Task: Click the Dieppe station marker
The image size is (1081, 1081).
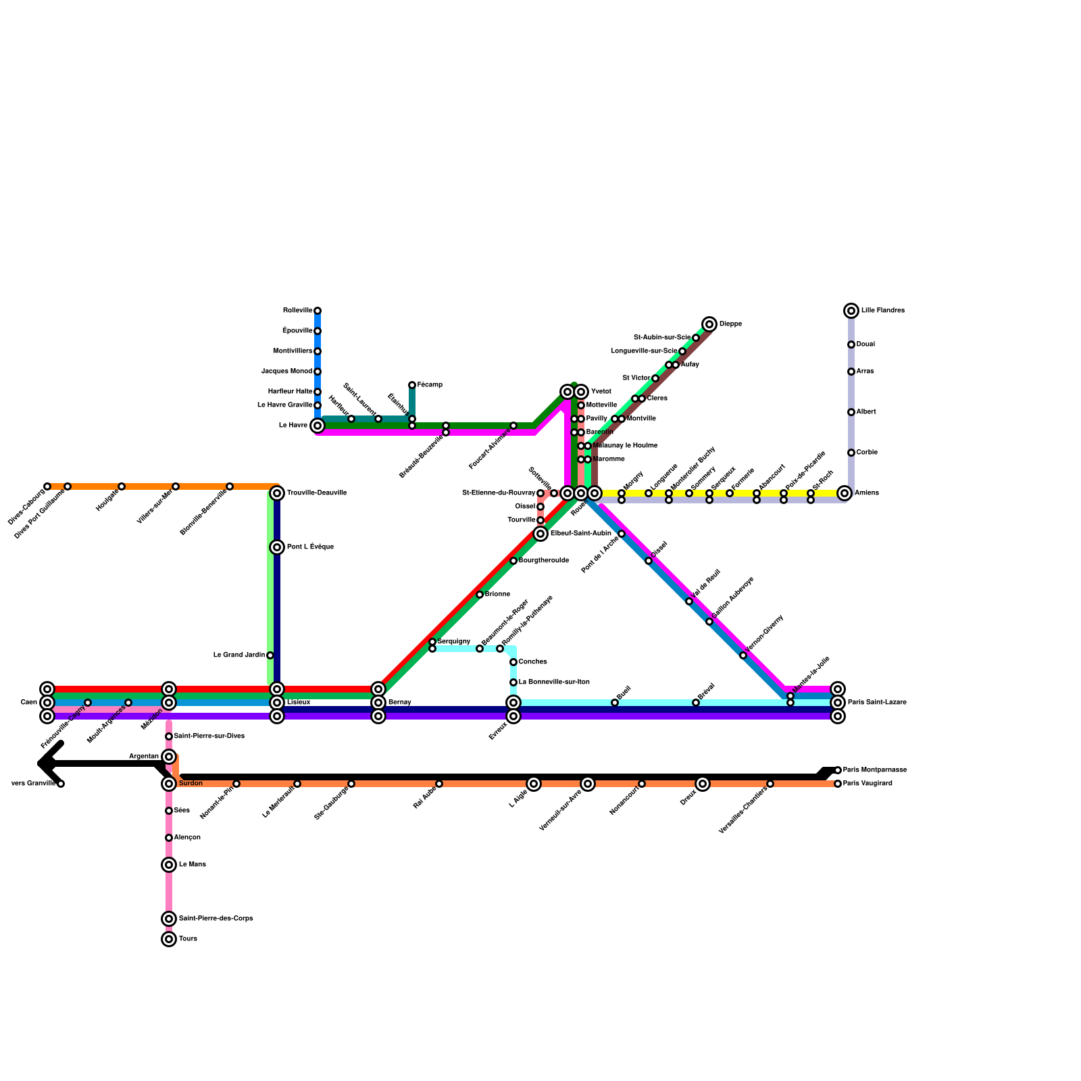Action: (709, 324)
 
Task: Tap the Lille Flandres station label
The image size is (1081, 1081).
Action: (882, 311)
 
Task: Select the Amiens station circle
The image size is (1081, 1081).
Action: (844, 493)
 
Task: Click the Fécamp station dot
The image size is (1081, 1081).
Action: (412, 385)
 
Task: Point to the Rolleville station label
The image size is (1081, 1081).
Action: (297, 311)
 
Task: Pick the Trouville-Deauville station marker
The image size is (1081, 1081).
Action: (277, 493)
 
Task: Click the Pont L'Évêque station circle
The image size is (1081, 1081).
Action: (277, 547)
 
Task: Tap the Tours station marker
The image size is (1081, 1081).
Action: (169, 939)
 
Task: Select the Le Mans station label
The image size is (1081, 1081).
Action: (193, 865)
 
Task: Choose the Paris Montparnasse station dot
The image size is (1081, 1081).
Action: (838, 770)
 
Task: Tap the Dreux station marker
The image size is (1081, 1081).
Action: (703, 784)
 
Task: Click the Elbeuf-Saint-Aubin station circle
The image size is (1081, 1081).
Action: (540, 534)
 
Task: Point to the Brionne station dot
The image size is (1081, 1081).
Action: (480, 595)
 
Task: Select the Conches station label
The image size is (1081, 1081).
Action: (532, 662)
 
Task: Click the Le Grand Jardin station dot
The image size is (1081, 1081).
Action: (270, 655)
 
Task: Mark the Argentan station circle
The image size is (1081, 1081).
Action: (169, 757)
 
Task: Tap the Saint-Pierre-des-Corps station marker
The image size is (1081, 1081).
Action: (169, 919)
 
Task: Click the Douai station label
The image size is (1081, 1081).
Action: (865, 345)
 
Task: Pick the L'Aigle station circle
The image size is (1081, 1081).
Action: (534, 784)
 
